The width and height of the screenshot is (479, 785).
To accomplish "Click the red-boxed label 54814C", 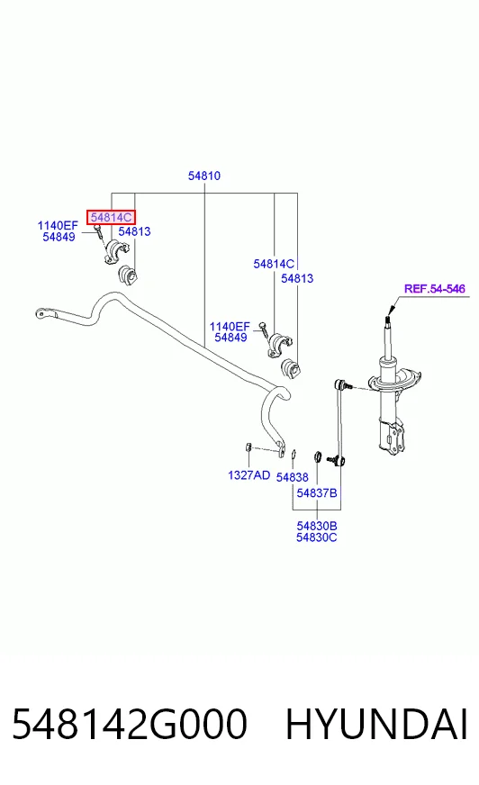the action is (111, 217).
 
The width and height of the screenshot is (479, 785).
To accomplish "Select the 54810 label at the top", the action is (204, 176).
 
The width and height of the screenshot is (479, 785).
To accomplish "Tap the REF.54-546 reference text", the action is (435, 289).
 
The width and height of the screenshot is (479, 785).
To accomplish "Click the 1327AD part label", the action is (249, 475).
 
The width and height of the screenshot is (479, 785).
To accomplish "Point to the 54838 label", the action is (293, 478).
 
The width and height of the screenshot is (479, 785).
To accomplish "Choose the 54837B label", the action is (317, 493).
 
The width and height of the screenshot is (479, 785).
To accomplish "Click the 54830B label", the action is (317, 526).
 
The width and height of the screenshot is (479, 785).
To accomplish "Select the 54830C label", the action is (317, 537).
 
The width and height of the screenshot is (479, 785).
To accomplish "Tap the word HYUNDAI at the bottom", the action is (376, 724).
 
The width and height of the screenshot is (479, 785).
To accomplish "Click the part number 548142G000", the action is (130, 724).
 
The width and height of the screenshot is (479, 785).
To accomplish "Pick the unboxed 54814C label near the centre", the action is (274, 264).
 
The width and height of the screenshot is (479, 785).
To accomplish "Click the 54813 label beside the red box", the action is (135, 231).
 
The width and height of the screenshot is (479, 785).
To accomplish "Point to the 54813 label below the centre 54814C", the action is (297, 278).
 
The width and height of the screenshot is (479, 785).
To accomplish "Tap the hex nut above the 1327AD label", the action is (248, 447).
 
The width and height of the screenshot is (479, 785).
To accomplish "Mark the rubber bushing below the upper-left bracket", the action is (128, 275).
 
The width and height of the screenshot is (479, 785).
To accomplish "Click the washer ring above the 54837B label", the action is (317, 456).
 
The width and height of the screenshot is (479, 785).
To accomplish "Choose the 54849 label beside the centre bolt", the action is (230, 338).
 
